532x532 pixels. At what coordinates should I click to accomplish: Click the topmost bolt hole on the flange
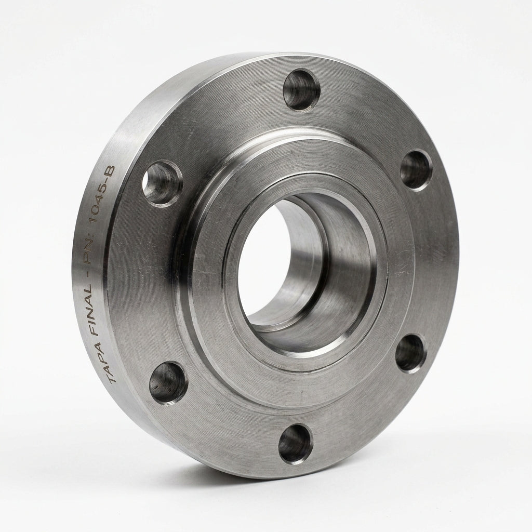point(302,89)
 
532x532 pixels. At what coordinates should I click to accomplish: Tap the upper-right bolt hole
point(416,170)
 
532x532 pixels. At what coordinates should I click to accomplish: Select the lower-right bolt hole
point(411,353)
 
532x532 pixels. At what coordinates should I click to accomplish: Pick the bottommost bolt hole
point(295,444)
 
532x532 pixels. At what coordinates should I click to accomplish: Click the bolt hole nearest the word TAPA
point(168,382)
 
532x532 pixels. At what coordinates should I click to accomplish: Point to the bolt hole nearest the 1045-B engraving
point(162,183)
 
